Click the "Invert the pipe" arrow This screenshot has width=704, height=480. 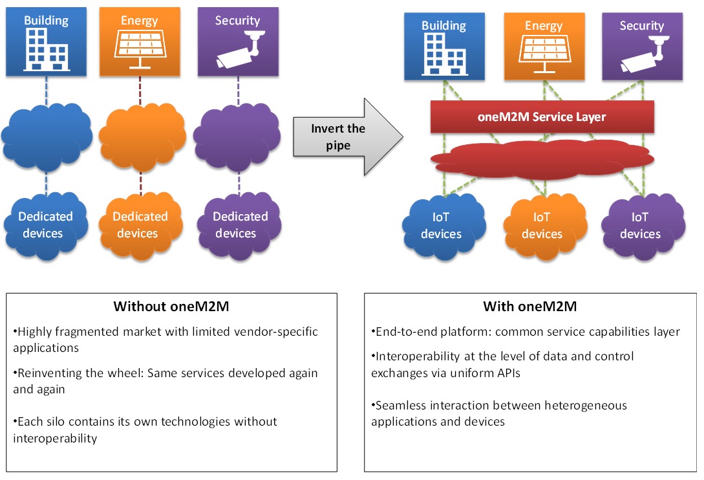[x=343, y=136]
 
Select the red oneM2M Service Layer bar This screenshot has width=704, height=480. [x=542, y=117]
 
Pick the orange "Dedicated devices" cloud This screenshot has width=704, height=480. [x=140, y=224]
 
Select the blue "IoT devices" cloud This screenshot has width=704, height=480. [x=442, y=226]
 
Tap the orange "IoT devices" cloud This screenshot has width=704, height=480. [x=542, y=226]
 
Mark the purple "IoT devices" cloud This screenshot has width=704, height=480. [x=641, y=226]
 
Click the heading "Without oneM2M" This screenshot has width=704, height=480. [x=171, y=307]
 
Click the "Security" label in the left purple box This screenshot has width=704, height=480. [x=237, y=21]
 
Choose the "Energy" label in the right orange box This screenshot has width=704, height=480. [x=544, y=26]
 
